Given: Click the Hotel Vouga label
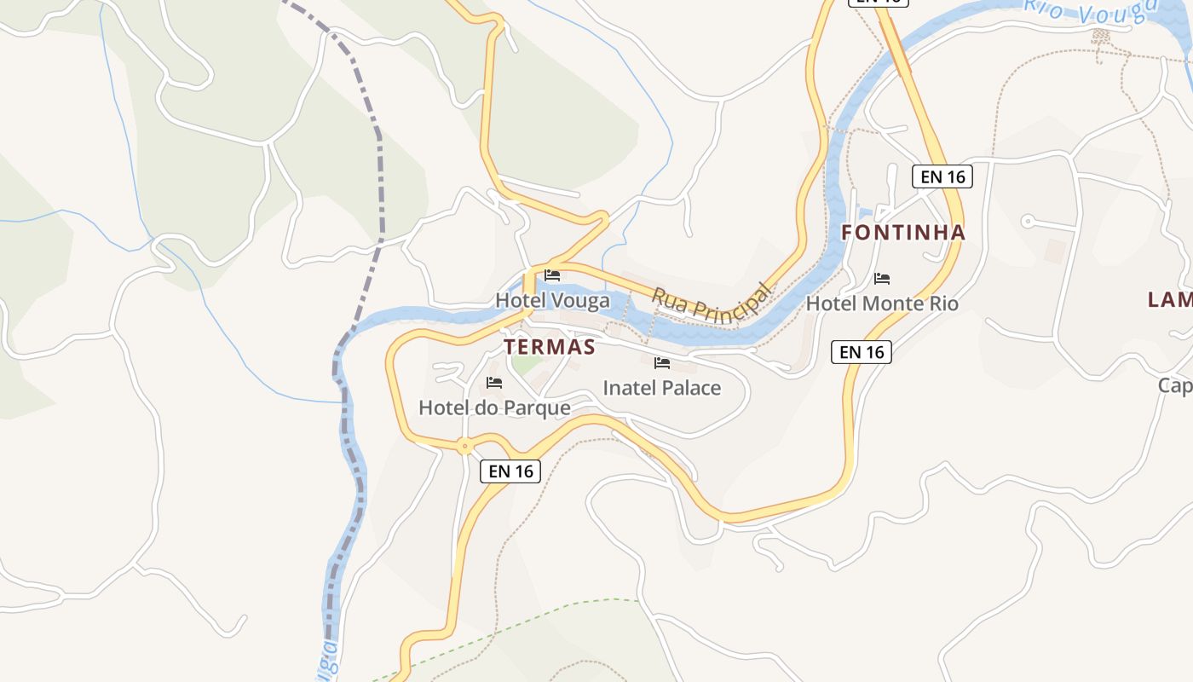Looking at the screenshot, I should coord(552,301).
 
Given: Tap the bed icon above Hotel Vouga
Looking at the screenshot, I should coord(552,275).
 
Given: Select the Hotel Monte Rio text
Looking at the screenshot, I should coord(882,303).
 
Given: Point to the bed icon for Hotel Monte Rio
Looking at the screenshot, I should coord(882,279).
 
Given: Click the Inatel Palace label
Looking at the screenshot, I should coord(661,388).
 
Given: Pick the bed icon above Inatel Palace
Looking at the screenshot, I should coord(661,363).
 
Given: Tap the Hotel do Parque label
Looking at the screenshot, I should coord(494,408).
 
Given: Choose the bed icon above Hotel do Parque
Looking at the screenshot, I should coord(494,383).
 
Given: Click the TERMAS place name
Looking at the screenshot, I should coord(549,347).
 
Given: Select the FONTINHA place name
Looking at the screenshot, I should coord(903,232).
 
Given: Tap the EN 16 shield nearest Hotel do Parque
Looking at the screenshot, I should coord(510,471).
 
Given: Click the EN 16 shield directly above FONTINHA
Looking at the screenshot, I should coord(942,176).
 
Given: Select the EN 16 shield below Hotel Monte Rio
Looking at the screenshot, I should coord(862,351).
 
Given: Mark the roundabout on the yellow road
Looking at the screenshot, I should coord(464,445).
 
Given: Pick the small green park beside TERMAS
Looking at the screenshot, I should coord(527,364).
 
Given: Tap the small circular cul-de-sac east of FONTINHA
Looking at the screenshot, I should coord(1028,222).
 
